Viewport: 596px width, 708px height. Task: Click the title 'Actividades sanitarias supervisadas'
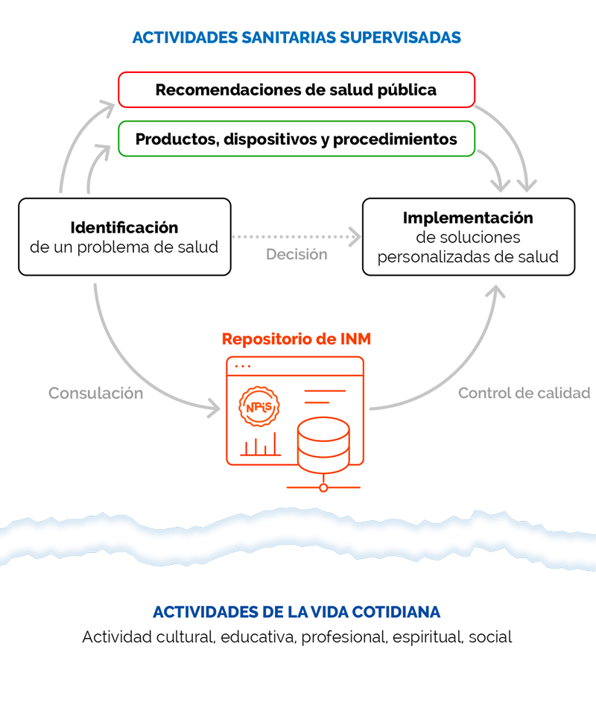coord(297,37)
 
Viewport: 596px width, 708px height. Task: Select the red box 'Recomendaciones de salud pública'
coord(297,90)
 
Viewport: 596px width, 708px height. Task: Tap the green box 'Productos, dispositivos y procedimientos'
coord(297,139)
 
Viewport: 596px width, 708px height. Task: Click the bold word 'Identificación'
coord(124,227)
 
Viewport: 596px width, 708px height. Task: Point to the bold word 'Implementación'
coord(468,218)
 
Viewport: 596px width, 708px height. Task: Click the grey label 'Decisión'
coord(297,254)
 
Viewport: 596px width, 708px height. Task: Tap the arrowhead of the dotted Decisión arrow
coord(355,236)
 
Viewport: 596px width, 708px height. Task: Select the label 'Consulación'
coord(95,393)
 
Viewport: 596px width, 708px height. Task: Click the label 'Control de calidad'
coord(524,393)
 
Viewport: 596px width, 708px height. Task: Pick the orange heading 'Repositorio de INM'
coord(297,338)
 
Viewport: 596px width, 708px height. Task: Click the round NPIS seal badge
coord(259,406)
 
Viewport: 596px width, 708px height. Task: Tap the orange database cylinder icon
coord(323,445)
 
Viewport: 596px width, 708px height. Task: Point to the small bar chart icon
coord(261,444)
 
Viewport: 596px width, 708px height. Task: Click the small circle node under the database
coord(323,487)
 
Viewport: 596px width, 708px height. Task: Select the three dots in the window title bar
coord(243,366)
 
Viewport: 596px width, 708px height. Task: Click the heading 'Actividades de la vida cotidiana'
coord(297,612)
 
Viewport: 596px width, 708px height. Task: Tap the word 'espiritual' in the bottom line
coord(427,637)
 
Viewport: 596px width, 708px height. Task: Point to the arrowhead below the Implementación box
coord(495,291)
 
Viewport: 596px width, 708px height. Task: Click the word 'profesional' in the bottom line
coord(344,637)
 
